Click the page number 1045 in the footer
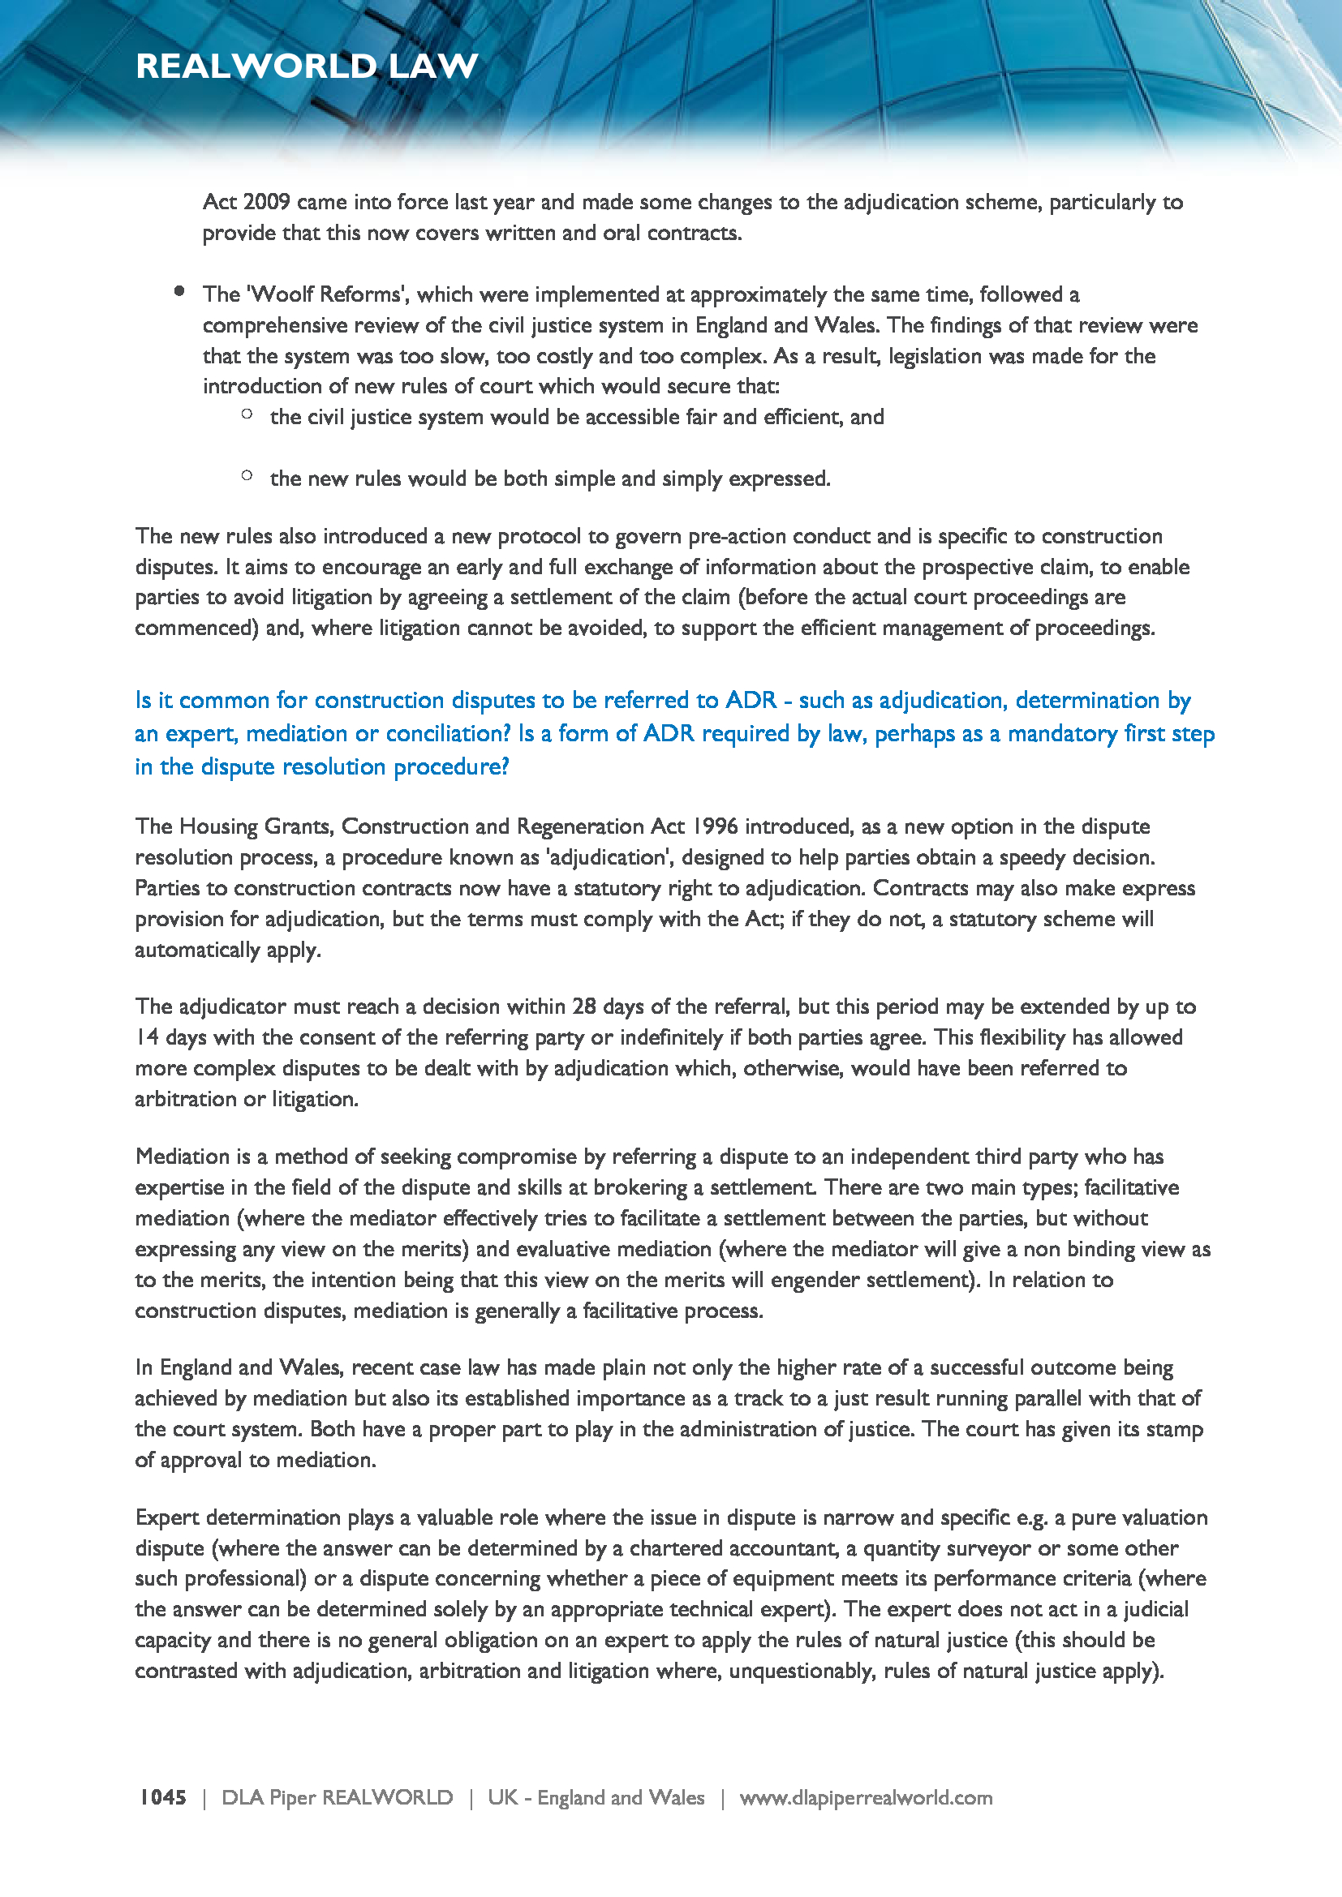[x=163, y=1797]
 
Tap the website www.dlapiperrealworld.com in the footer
[x=865, y=1797]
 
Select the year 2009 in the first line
[x=266, y=203]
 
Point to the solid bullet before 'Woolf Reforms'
[x=179, y=290]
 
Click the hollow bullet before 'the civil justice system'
[x=247, y=414]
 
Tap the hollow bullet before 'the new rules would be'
[x=247, y=475]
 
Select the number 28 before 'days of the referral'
[x=583, y=1006]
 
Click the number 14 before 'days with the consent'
[x=147, y=1037]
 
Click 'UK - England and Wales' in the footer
[x=595, y=1797]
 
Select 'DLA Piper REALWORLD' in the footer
[x=338, y=1797]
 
